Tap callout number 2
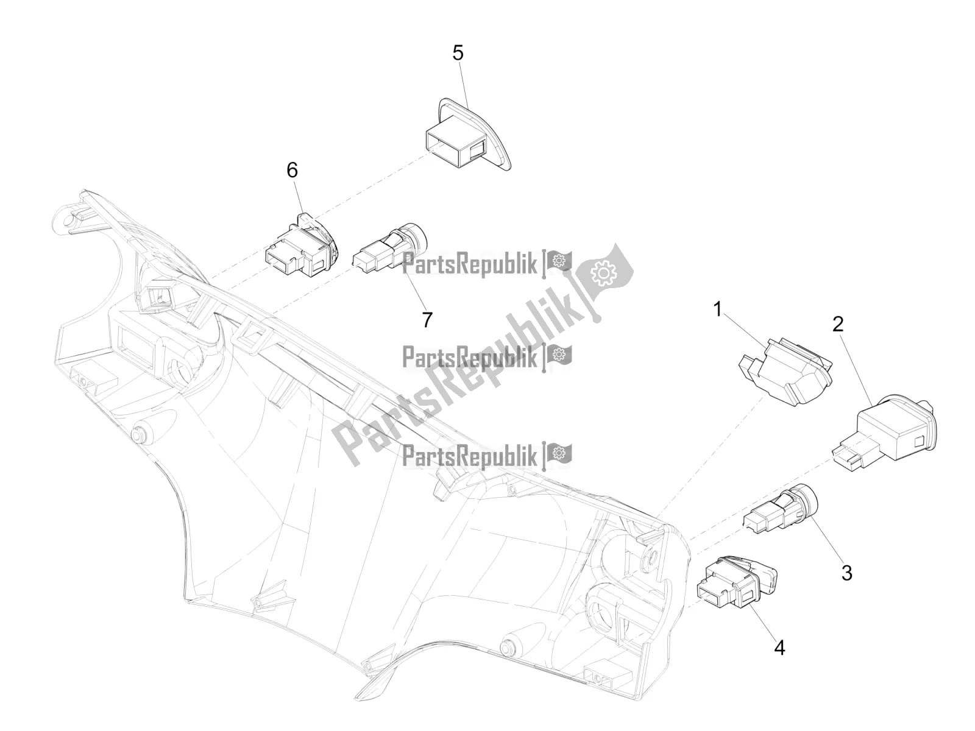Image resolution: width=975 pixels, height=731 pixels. click(x=838, y=324)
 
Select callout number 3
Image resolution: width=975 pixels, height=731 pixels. click(x=846, y=573)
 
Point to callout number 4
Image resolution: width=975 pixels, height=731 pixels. click(x=779, y=648)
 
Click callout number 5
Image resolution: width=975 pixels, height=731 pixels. click(x=458, y=53)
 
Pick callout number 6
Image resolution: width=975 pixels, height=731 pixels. click(x=292, y=170)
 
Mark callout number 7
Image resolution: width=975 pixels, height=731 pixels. click(x=427, y=319)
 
